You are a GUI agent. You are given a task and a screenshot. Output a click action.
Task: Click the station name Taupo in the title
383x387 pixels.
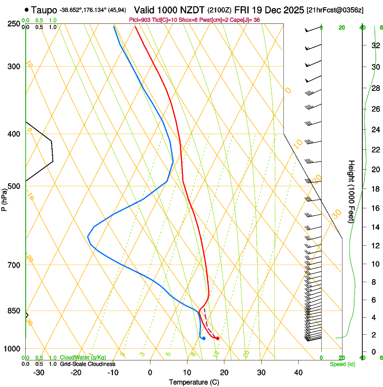coord(44,9)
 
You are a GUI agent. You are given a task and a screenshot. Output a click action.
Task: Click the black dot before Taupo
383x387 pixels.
coord(27,9)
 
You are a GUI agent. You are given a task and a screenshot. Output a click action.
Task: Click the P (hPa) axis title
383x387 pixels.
coord(5,198)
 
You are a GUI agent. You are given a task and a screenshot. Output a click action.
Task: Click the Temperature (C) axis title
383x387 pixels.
coord(194,382)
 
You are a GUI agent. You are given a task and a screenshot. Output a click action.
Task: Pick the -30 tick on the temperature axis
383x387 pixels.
coord(39,373)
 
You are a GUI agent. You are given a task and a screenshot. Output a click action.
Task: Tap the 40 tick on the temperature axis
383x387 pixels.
coord(298,373)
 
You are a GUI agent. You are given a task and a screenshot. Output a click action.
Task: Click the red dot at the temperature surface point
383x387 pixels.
coord(218,338)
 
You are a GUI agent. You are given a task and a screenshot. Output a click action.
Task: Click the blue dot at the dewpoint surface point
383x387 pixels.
coord(204,338)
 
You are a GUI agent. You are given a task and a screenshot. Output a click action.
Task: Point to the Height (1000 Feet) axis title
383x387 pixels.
coord(351,192)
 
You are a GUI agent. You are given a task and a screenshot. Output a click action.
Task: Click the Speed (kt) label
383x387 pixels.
coord(342,364)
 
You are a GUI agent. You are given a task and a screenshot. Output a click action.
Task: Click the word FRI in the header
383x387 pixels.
coord(250,9)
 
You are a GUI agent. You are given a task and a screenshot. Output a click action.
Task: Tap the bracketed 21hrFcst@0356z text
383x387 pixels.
coord(335,10)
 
